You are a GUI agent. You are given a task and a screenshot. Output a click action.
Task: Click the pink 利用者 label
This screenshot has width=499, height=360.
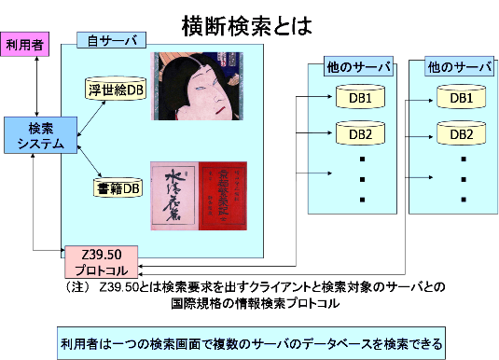click(24, 45)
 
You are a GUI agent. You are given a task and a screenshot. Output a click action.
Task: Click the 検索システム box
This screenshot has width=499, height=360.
click(40, 135)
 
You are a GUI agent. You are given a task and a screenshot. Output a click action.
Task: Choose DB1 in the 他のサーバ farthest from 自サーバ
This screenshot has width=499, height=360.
click(461, 98)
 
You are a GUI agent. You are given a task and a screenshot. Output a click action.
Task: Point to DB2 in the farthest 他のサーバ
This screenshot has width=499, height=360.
click(461, 133)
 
